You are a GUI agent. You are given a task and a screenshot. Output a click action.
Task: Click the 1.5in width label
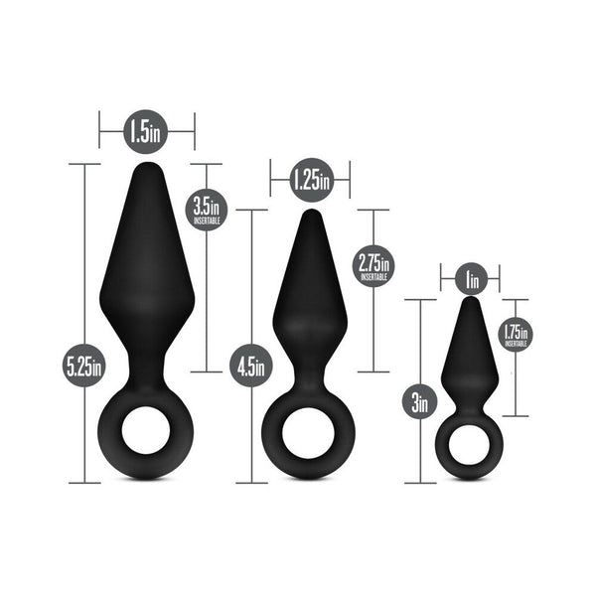click(146, 130)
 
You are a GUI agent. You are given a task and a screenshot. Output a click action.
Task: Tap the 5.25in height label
click(83, 366)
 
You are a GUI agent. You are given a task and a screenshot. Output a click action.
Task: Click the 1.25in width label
click(310, 180)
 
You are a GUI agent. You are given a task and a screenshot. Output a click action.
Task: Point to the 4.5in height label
click(251, 365)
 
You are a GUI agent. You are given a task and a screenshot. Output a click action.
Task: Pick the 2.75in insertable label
click(373, 265)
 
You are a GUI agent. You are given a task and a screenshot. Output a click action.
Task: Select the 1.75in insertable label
click(516, 334)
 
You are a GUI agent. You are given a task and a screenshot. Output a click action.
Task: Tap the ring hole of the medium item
click(309, 433)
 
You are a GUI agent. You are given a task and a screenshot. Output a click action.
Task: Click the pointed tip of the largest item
click(146, 169)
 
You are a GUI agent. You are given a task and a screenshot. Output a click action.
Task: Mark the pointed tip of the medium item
click(310, 215)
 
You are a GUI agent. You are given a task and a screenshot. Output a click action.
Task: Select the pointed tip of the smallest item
click(470, 302)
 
